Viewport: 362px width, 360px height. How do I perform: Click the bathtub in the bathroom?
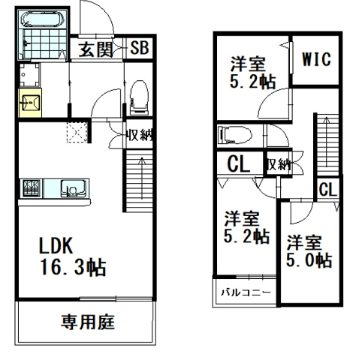pos(42,19)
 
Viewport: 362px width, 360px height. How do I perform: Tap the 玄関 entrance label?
pos(95,49)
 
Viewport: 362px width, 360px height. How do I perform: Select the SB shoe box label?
pos(140,47)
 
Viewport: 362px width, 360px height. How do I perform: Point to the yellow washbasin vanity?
pos(30,102)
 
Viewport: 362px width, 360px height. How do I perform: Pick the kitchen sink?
pos(74,189)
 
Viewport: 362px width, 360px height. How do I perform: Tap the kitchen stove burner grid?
pos(32,188)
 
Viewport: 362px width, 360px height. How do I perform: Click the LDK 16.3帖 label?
pos(72,256)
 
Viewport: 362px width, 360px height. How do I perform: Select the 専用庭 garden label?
pos(88,322)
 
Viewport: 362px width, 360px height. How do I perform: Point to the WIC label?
pos(316,59)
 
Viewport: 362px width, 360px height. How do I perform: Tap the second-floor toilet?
pos(235,135)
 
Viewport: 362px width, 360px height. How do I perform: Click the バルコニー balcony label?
pos(246,292)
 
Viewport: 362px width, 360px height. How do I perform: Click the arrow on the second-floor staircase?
pos(327,142)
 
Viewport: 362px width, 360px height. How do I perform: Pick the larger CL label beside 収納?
pos(239,164)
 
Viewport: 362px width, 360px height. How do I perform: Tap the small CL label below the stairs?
pos(328,189)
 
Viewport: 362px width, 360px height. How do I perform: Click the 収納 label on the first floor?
pos(139,135)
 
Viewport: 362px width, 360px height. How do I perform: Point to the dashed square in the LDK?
pos(77,133)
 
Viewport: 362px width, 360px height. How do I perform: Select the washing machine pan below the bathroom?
pos(29,74)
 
